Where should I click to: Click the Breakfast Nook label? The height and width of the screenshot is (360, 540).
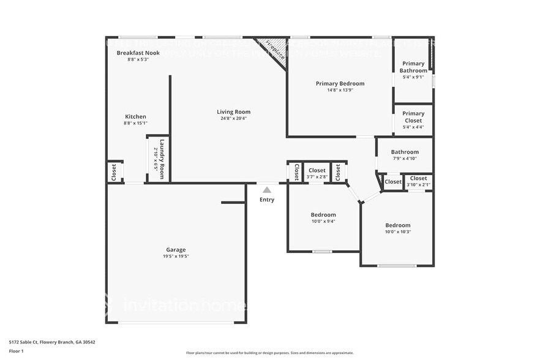(138, 53)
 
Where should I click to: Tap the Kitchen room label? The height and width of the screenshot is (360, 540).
(135, 116)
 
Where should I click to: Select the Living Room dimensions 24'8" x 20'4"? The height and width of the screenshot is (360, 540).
(233, 118)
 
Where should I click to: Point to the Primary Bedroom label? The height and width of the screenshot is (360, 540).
(340, 83)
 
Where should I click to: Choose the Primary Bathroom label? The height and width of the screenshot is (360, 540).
(413, 67)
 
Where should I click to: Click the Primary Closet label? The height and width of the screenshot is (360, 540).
(413, 117)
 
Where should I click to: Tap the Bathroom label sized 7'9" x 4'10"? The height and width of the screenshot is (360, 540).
(405, 152)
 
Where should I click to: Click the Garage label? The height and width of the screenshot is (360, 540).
(176, 249)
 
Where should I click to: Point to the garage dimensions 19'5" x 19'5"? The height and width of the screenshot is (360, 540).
(176, 256)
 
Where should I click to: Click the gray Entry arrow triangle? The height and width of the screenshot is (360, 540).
(267, 190)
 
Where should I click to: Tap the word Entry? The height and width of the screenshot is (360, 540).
(267, 200)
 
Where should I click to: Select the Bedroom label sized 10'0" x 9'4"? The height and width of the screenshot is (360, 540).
(323, 215)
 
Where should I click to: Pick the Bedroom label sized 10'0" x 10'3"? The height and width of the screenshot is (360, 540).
(397, 225)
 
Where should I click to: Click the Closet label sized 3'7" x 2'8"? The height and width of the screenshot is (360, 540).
(317, 170)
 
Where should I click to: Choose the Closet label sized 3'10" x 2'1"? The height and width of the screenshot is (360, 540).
(418, 178)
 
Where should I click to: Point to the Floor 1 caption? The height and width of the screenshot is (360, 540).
(16, 351)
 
